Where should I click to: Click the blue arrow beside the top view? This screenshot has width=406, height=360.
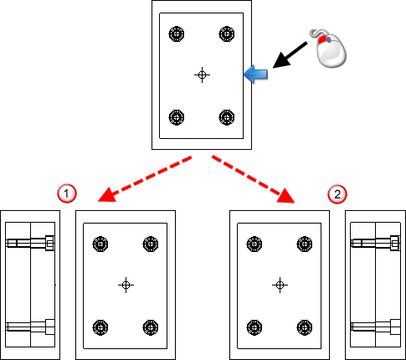(255, 75)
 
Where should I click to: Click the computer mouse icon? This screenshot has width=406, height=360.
(329, 48)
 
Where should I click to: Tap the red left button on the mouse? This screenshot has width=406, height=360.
(321, 39)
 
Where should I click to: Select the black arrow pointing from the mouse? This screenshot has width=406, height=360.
(290, 55)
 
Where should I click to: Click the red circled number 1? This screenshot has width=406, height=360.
(67, 193)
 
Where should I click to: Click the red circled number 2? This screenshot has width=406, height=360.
(337, 194)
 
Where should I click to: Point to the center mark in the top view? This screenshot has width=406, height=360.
(202, 75)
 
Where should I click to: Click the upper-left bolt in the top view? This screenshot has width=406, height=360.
(177, 34)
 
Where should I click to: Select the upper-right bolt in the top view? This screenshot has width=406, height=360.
(227, 34)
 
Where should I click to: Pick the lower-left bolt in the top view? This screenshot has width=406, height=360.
(177, 117)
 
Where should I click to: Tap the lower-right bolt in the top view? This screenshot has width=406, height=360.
(227, 117)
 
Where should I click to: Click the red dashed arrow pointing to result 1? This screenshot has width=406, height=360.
(145, 179)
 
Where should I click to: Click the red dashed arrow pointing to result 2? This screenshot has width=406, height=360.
(254, 179)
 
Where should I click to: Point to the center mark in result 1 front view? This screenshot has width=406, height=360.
(126, 285)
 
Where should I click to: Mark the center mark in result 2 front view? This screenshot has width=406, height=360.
(280, 285)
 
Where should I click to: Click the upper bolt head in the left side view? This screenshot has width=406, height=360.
(49, 244)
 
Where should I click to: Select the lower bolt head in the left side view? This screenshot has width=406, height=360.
(49, 327)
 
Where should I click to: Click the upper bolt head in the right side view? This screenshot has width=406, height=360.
(395, 243)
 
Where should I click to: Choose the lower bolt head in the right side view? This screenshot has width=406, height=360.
(395, 327)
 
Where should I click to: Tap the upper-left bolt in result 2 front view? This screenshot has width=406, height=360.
(254, 244)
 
